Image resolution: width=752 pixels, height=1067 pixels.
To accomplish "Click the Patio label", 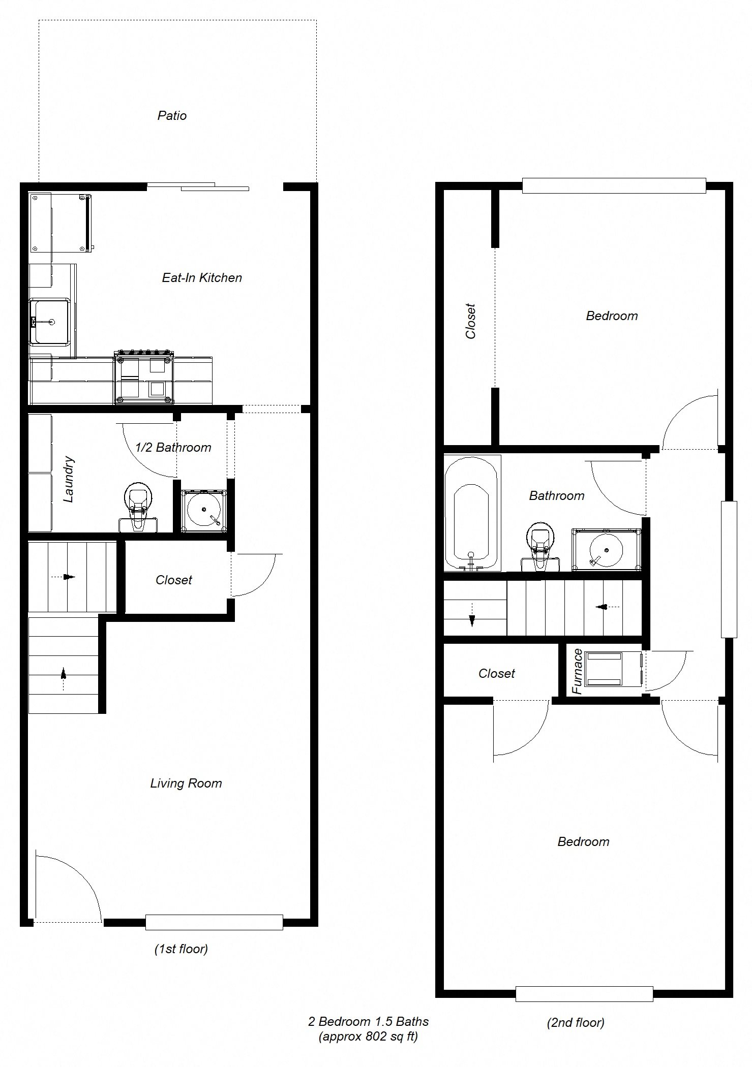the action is click(x=172, y=116).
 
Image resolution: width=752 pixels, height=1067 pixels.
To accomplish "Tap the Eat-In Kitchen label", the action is click(x=202, y=278).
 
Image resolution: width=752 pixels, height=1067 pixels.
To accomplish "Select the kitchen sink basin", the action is click(x=49, y=321).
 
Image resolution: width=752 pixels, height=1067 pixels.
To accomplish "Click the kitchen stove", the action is click(x=144, y=377).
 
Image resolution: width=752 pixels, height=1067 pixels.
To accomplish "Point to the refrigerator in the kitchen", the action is click(x=60, y=223).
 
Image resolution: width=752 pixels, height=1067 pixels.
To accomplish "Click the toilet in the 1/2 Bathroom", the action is click(x=137, y=508).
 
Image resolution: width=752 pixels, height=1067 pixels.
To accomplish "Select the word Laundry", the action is click(x=69, y=480).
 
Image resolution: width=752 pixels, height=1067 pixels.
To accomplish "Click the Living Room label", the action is click(x=186, y=783).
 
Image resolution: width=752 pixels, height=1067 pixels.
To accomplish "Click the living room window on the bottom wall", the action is click(x=214, y=922).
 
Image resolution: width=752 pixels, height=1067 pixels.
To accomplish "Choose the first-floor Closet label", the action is click(x=174, y=580).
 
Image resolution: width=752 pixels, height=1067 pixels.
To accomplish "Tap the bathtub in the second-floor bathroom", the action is click(x=471, y=513).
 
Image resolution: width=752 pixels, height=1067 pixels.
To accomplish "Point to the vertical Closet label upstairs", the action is click(x=470, y=321).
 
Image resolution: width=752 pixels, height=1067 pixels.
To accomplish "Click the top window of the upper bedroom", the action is click(x=614, y=185).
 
